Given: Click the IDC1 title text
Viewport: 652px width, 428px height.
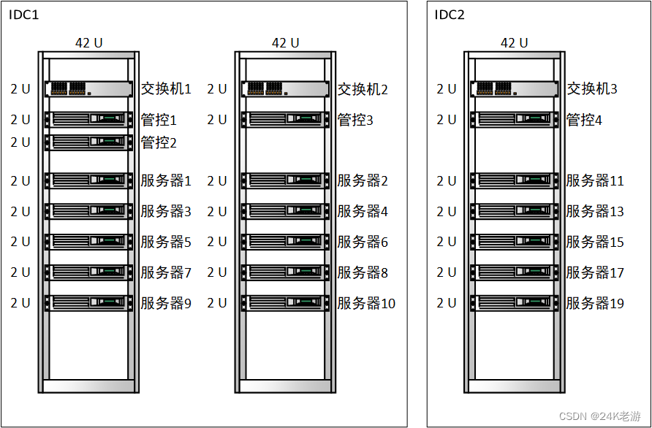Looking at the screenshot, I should [23, 15].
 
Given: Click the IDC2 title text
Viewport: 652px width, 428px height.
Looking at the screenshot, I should [450, 15].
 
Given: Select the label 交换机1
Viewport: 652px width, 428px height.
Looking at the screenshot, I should [166, 89].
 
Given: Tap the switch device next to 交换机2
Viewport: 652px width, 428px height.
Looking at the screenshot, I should [285, 89].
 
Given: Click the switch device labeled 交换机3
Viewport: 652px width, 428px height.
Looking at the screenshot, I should [514, 89].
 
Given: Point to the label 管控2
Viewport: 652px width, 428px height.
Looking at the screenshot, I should [159, 142].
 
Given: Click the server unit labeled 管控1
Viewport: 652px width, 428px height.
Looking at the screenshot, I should [88, 119].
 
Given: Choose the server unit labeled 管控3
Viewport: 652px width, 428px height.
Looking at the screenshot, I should [285, 119].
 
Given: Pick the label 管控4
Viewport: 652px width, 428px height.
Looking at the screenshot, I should [584, 120].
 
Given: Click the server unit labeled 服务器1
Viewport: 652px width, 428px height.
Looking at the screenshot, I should [88, 180].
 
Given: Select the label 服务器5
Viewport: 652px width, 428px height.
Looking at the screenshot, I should [166, 242].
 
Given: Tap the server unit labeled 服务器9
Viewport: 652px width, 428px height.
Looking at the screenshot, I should [88, 302].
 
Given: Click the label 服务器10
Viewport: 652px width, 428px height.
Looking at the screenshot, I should [366, 303].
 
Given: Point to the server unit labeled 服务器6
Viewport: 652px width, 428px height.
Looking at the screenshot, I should [285, 242].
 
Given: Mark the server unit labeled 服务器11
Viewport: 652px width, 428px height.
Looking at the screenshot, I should [514, 180].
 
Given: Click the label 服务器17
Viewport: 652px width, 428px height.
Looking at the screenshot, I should [595, 272].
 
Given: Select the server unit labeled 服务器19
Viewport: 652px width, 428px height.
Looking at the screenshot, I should [514, 302].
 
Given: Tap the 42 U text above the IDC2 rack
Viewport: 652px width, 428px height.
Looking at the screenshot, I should [514, 42].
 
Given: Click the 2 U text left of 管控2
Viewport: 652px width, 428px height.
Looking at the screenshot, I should [20, 142].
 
